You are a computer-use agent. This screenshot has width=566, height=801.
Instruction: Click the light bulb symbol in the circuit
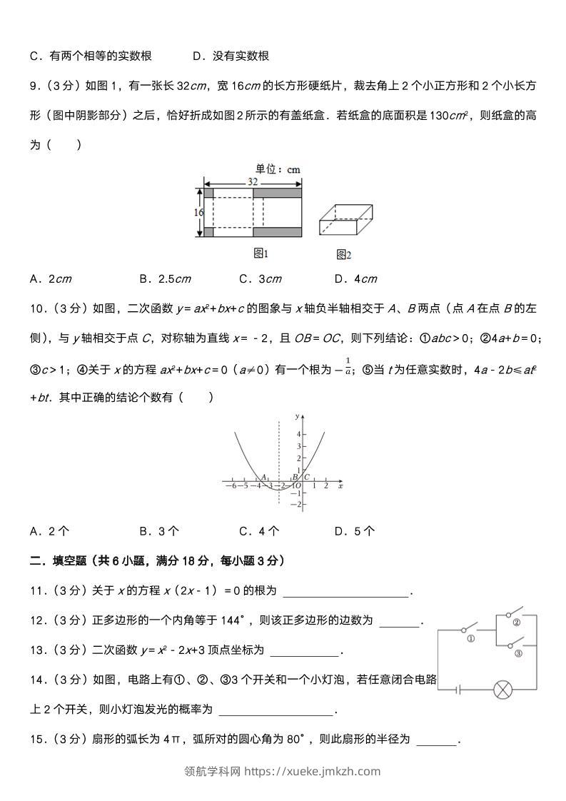pyautogui.click(x=504, y=690)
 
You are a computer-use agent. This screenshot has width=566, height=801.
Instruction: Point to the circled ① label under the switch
pyautogui.click(x=471, y=639)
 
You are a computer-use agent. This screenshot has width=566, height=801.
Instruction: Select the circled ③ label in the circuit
pyautogui.click(x=518, y=653)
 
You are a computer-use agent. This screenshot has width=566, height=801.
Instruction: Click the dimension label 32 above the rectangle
pyautogui.click(x=253, y=182)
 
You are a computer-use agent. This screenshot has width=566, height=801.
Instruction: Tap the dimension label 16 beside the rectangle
pyautogui.click(x=198, y=212)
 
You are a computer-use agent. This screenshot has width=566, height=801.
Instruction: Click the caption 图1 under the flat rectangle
pyautogui.click(x=261, y=253)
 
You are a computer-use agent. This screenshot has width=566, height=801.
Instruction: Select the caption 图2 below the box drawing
pyautogui.click(x=343, y=254)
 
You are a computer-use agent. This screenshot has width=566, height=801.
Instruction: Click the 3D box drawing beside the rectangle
pyautogui.click(x=345, y=221)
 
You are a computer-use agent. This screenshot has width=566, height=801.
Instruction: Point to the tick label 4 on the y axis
pyautogui.click(x=299, y=434)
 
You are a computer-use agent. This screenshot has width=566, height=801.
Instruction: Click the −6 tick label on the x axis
pyautogui.click(x=231, y=486)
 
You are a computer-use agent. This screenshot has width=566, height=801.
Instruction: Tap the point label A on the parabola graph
pyautogui.click(x=263, y=477)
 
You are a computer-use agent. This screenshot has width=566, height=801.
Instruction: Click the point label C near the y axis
pyautogui.click(x=307, y=477)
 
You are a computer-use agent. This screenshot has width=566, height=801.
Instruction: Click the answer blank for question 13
pyautogui.click(x=305, y=650)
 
